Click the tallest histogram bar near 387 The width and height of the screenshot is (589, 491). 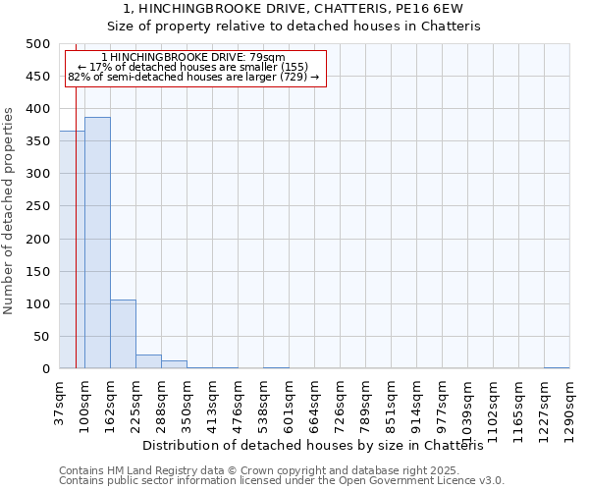(97, 243)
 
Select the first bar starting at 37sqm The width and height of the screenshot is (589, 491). (71, 249)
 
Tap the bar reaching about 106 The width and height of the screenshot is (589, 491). (123, 334)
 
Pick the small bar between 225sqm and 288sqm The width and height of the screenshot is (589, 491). (148, 361)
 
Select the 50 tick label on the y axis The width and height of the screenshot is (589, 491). (41, 337)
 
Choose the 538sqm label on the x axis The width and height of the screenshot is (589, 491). (263, 405)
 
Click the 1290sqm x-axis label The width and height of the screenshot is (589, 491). (569, 408)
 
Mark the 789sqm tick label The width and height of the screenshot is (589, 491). (365, 405)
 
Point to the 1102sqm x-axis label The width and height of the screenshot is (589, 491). (493, 408)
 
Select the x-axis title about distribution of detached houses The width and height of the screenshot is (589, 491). (320, 446)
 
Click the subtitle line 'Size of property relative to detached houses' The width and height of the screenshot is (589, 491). (294, 27)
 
